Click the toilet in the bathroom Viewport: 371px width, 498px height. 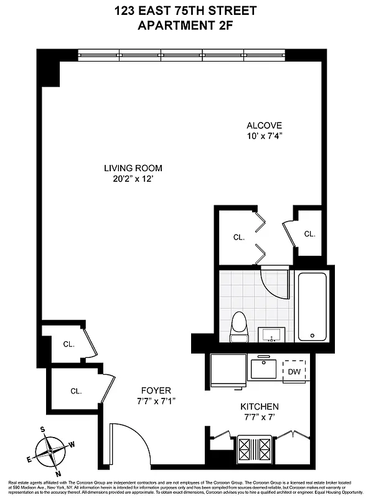(238, 327)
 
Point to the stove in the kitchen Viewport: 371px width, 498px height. (255, 448)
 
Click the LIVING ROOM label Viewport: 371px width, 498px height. (133, 168)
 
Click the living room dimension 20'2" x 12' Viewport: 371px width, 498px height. (133, 180)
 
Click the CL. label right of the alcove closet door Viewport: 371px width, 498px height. (309, 234)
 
